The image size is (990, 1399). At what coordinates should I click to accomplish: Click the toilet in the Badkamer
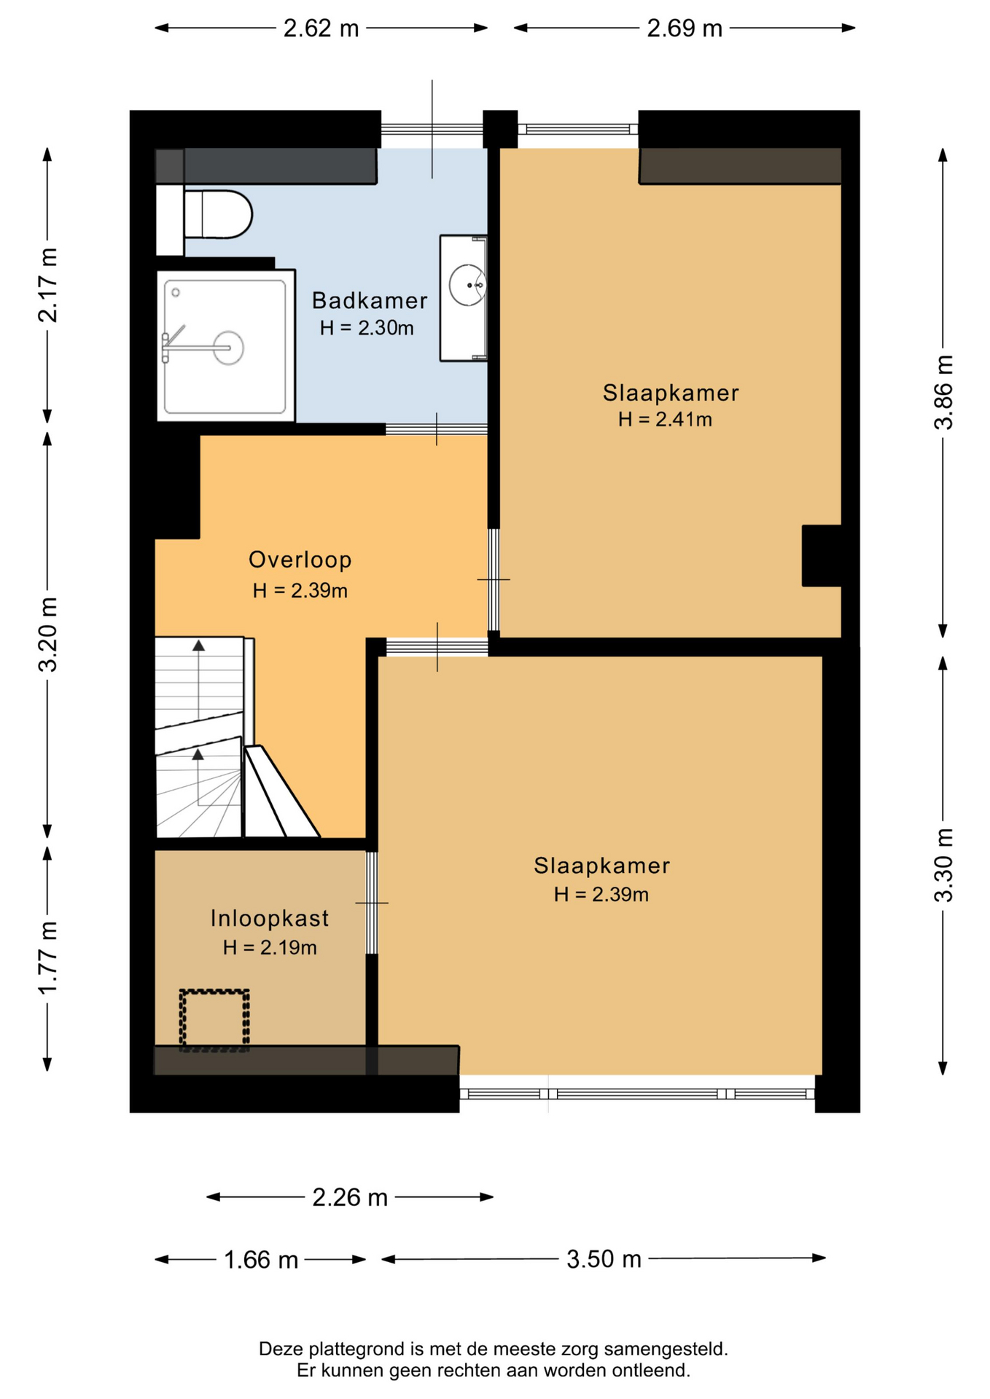pos(217,214)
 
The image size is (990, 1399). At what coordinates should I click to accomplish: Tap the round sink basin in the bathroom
pos(467,285)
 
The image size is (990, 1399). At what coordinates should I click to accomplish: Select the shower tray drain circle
pos(228,348)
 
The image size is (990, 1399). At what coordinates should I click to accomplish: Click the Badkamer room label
pos(370,300)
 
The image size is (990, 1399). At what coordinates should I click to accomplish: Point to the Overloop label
pos(300,560)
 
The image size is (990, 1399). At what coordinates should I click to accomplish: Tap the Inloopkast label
pos(270,918)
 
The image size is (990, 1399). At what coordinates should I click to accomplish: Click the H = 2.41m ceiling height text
pos(665,419)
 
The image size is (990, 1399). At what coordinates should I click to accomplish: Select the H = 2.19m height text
pos(270,947)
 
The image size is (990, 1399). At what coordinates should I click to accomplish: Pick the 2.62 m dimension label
pos(321,28)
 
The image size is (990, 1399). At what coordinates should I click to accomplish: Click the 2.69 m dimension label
pos(685,28)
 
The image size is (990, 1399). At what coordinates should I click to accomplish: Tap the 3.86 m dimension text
pos(944,393)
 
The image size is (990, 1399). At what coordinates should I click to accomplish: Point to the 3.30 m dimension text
pos(944,865)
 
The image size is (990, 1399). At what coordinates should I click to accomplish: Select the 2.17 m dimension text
pos(48,285)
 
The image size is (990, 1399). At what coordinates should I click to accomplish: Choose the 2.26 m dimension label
pos(350,1197)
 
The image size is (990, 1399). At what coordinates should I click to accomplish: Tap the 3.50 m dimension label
pos(604,1258)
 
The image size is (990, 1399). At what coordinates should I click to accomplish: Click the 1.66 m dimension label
pos(261,1260)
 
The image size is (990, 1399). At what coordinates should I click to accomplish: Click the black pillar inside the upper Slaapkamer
pos(822,555)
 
